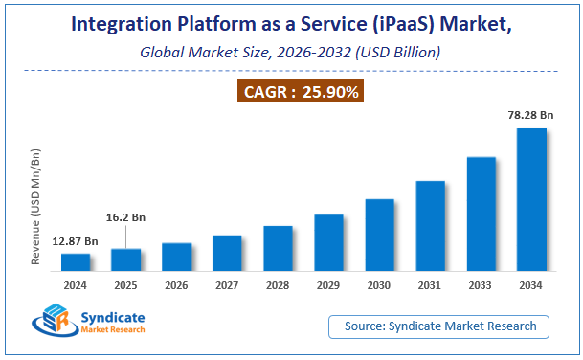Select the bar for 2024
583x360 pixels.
[x=76, y=262]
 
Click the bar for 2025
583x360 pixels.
[x=126, y=259]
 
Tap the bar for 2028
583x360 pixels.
[x=278, y=248]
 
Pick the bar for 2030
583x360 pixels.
[x=379, y=235]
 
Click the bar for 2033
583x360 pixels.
[x=481, y=214]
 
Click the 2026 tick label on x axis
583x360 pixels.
[x=177, y=285]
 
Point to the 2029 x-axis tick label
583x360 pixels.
[x=328, y=285]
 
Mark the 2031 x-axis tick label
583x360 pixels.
[x=430, y=285]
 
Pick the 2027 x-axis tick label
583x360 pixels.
[x=227, y=285]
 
